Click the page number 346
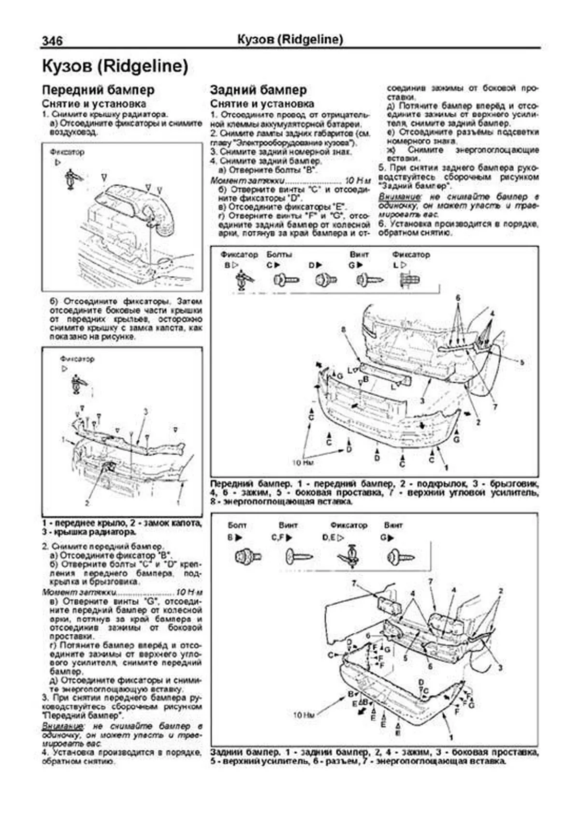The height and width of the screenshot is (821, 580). pyautogui.click(x=52, y=41)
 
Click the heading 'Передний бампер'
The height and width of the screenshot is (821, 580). pyautogui.click(x=98, y=90)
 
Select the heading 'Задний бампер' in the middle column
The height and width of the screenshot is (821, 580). pyautogui.click(x=258, y=90)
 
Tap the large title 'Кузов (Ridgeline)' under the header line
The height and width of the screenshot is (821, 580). pyautogui.click(x=115, y=67)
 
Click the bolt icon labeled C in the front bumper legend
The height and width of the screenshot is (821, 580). pyautogui.click(x=286, y=280)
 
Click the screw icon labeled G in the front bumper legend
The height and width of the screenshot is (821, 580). pyautogui.click(x=369, y=280)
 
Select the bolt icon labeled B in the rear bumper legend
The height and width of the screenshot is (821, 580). pyautogui.click(x=248, y=557)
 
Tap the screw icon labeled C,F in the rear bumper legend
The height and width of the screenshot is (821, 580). pyautogui.click(x=299, y=557)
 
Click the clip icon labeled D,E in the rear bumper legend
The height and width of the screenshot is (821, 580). pyautogui.click(x=351, y=557)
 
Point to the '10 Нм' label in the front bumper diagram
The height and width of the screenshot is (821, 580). pyautogui.click(x=304, y=462)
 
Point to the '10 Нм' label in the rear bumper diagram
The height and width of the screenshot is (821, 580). pyautogui.click(x=304, y=714)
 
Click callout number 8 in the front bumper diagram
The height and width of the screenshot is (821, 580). pyautogui.click(x=344, y=329)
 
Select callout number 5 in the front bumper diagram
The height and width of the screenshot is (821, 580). pyautogui.click(x=522, y=361)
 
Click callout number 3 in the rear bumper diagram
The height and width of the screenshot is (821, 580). pyautogui.click(x=500, y=667)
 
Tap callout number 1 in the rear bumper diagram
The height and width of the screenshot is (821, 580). pyautogui.click(x=451, y=738)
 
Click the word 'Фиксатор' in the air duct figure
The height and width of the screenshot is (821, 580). pyautogui.click(x=67, y=152)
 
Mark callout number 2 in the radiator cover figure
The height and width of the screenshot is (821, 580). pyautogui.click(x=87, y=503)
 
